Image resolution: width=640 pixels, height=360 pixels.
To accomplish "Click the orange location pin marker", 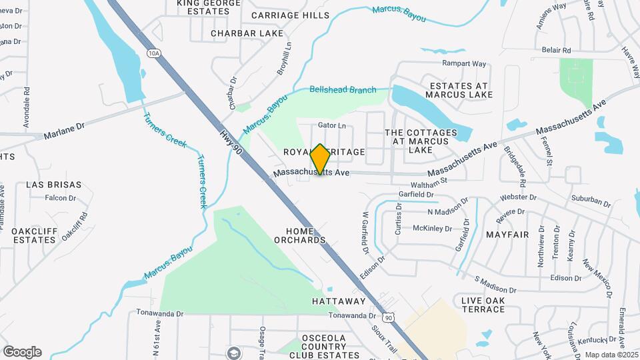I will click(x=321, y=159).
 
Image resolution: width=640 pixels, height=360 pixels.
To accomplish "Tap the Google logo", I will click(x=22, y=352).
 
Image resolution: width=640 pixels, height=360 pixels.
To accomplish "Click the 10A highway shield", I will click(x=155, y=53).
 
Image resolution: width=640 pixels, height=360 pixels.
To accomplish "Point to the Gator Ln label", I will click(x=332, y=125).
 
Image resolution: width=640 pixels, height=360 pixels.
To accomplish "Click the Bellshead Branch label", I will click(x=343, y=90).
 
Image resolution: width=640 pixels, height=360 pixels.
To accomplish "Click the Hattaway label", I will click(x=339, y=301).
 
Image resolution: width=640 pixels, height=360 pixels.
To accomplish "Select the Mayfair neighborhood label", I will click(x=507, y=235).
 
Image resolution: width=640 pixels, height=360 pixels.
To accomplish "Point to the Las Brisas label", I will click(x=54, y=185).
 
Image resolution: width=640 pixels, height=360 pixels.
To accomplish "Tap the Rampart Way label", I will click(x=465, y=64).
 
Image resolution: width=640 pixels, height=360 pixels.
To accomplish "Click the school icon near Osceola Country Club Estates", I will click(x=233, y=353).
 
